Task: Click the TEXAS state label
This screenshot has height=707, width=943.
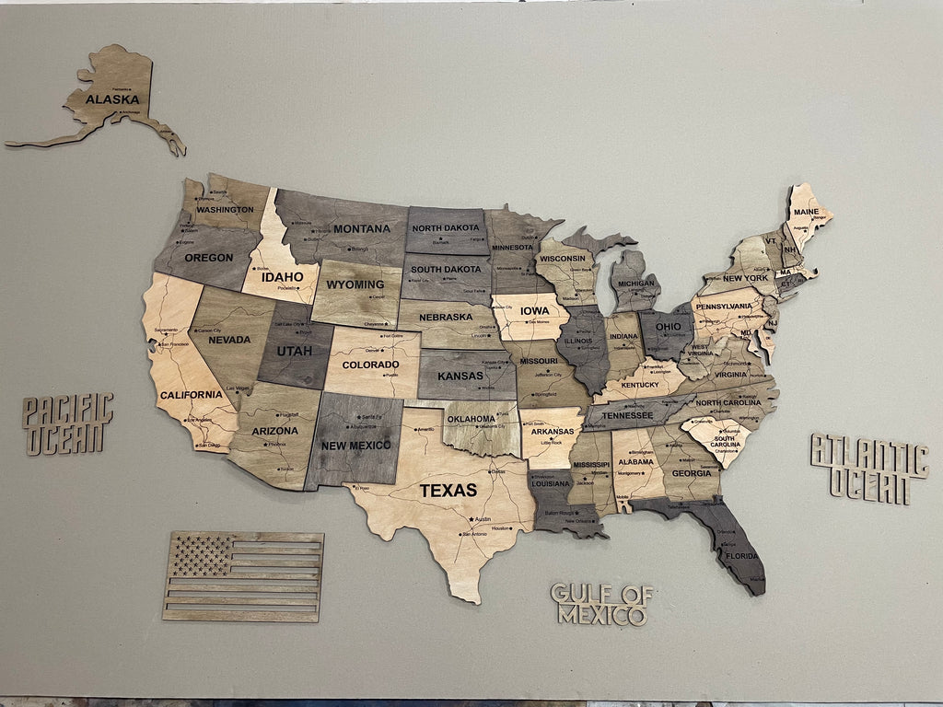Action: pos(448,491)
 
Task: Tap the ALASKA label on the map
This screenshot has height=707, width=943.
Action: pos(112,99)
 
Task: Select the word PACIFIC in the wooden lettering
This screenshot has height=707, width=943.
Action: pos(68,409)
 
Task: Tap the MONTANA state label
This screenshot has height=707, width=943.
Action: pos(362,228)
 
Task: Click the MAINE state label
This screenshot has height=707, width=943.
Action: pos(805,212)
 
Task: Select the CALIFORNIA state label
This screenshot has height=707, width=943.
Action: pos(191,395)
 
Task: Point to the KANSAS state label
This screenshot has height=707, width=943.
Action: pos(460,376)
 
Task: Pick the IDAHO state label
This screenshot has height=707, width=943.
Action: pos(282,276)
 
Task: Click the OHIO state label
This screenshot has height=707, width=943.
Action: pos(668,327)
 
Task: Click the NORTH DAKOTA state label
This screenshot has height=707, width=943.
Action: pos(446,227)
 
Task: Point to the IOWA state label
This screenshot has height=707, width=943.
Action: pos(534,311)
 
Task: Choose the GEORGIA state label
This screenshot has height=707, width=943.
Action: pos(692,473)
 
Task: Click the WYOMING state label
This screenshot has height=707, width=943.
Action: pos(355,284)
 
